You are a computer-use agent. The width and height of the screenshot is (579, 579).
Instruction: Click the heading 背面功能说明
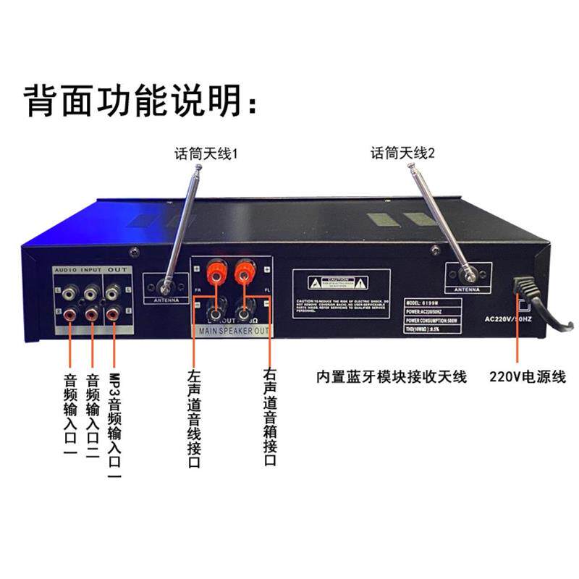(x=140, y=101)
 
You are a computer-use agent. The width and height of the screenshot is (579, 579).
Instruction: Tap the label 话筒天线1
(x=206, y=154)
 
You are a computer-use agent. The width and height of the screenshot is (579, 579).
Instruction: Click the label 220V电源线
(x=527, y=377)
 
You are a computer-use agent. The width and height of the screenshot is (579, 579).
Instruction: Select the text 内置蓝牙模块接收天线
(x=392, y=377)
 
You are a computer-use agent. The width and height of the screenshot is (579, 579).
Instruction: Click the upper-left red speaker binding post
(x=215, y=274)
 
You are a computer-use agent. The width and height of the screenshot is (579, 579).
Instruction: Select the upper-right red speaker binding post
(x=243, y=274)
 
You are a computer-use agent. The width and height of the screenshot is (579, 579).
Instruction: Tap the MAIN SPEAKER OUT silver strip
(x=229, y=332)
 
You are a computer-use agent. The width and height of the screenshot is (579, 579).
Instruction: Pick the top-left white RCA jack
(x=69, y=292)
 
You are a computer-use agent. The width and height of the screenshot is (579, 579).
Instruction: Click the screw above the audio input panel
(x=134, y=252)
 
